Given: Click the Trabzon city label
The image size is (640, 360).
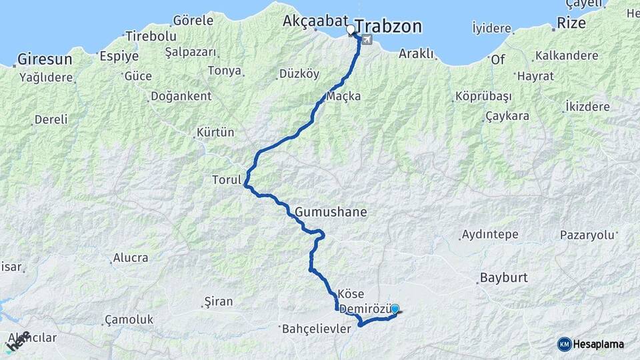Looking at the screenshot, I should [389, 26].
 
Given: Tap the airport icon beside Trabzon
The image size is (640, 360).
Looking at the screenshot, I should [366, 41].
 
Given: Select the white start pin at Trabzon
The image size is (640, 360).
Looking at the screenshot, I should [351, 30].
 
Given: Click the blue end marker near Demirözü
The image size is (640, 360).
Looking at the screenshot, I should [395, 309].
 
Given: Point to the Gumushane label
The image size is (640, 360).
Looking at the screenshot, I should [331, 212].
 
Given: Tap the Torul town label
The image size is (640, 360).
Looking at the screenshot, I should [225, 180].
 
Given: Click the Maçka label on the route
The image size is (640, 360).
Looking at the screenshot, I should [345, 96].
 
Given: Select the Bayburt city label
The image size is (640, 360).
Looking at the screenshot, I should [503, 277].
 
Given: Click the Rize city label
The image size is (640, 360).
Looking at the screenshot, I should [571, 23].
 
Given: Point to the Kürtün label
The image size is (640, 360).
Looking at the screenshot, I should [216, 132].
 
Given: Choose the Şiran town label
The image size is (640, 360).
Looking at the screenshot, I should [219, 303].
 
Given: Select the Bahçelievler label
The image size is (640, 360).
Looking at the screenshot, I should [317, 329].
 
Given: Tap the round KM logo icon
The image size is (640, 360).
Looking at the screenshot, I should [565, 344].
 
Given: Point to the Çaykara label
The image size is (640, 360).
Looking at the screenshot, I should [507, 116].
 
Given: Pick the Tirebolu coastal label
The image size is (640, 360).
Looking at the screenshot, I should [151, 36].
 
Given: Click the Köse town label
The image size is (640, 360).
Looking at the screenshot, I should [351, 294].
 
